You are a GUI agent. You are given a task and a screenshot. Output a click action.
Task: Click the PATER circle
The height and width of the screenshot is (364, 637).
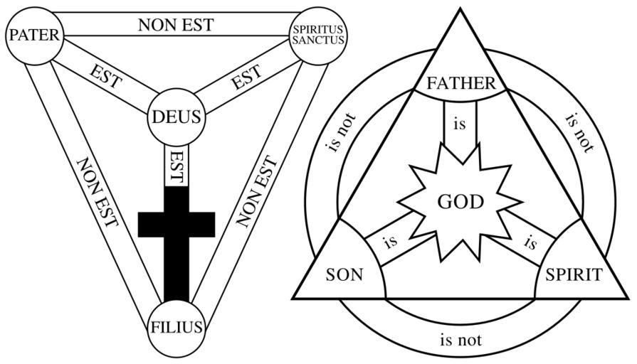tap(34, 33)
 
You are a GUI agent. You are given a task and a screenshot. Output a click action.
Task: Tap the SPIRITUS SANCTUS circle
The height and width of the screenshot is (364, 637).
tap(318, 33)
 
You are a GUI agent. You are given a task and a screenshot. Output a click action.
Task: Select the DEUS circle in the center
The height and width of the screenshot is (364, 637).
tap(177, 116)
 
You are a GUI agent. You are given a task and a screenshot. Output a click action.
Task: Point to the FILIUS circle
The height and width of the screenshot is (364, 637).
tap(177, 326)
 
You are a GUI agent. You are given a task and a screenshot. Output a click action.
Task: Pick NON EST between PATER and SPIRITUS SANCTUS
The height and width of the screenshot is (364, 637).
tap(176, 25)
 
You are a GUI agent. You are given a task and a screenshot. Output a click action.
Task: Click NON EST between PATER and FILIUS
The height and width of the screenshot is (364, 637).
tap(97, 192)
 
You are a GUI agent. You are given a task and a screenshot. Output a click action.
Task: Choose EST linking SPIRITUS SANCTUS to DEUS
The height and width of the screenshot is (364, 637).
tap(246, 77)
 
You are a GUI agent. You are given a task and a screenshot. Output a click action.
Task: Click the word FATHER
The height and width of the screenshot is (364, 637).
tap(460, 83)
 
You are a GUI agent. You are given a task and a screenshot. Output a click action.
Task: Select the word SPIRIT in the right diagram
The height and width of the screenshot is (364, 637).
tap(574, 274)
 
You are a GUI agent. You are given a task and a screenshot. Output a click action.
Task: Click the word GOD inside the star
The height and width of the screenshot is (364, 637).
tap(460, 202)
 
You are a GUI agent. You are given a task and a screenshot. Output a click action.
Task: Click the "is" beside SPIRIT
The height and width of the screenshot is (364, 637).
tap(530, 242)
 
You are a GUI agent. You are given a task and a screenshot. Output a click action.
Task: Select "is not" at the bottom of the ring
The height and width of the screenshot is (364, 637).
tap(460, 339)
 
